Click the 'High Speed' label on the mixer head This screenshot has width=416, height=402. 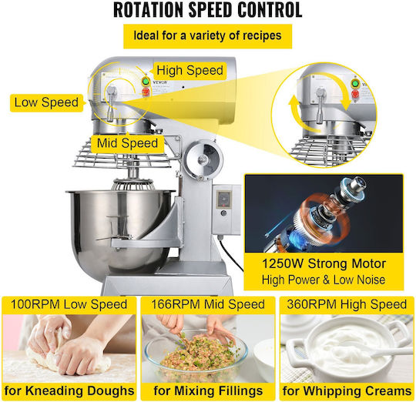pyautogui.click(x=190, y=71)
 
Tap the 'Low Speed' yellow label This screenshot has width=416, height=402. pyautogui.click(x=46, y=102)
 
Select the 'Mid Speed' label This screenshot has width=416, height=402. pyautogui.click(x=127, y=143)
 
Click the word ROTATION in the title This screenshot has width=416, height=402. pyautogui.click(x=149, y=10)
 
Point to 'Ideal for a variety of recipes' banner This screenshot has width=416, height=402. pyautogui.click(x=208, y=35)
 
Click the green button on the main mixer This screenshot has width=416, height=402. pyautogui.click(x=145, y=82)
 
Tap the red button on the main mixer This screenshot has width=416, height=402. pyautogui.click(x=145, y=92)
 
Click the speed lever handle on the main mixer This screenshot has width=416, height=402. pyautogui.click(x=111, y=103)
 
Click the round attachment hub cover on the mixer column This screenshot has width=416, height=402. pyautogui.click(x=203, y=160)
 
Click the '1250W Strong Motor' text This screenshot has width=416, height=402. pyautogui.click(x=324, y=264)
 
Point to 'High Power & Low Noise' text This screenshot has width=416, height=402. pyautogui.click(x=324, y=280)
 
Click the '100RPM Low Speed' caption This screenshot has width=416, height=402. pyautogui.click(x=69, y=304)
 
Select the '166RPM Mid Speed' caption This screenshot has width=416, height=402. pyautogui.click(x=208, y=304)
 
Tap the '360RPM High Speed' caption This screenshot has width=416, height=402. pyautogui.click(x=347, y=304)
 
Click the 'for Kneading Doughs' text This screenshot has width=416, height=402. pyautogui.click(x=69, y=391)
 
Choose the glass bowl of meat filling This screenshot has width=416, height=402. pyautogui.click(x=196, y=354)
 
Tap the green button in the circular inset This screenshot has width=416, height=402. pyautogui.click(x=355, y=83)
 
